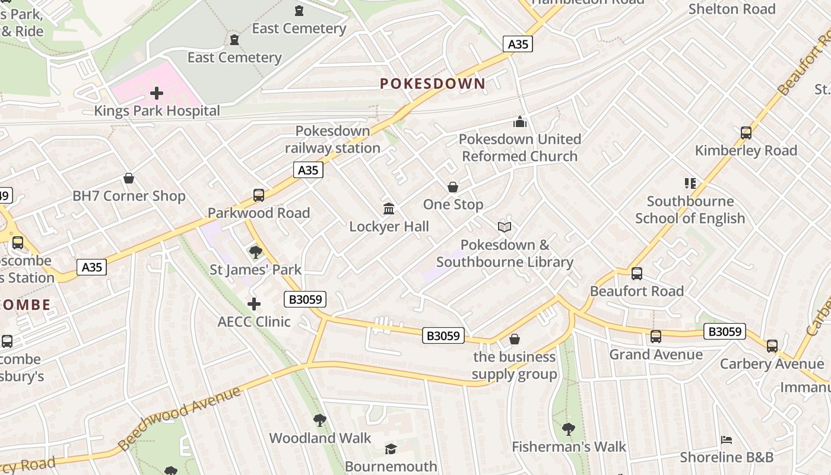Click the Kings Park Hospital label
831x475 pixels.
pyautogui.click(x=157, y=111)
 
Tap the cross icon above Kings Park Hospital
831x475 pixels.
pyautogui.click(x=157, y=93)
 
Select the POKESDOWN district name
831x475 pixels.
pyautogui.click(x=433, y=84)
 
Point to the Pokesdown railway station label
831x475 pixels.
pyautogui.click(x=332, y=140)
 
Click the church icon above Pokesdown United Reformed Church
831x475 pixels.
pyautogui.click(x=520, y=122)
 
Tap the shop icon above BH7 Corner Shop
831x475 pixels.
pyautogui.click(x=129, y=178)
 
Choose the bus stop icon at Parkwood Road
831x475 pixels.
pyautogui.click(x=259, y=195)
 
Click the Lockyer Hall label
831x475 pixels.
pyautogui.click(x=389, y=226)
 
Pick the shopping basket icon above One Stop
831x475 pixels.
pyautogui.click(x=453, y=187)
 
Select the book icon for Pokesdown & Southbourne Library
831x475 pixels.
pyautogui.click(x=505, y=227)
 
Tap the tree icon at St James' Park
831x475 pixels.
pyautogui.click(x=256, y=252)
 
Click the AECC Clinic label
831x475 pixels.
pyautogui.click(x=254, y=322)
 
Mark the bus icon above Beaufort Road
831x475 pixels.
pyautogui.click(x=637, y=274)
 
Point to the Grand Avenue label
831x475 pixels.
pyautogui.click(x=656, y=354)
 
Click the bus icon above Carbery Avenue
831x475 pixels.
pyautogui.click(x=772, y=346)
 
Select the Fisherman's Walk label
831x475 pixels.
pyautogui.click(x=569, y=446)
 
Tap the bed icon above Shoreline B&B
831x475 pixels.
pyautogui.click(x=727, y=440)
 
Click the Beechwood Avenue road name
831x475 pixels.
pyautogui.click(x=179, y=419)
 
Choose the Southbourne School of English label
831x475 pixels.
pyautogui.click(x=690, y=210)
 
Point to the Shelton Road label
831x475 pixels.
pyautogui.click(x=732, y=9)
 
